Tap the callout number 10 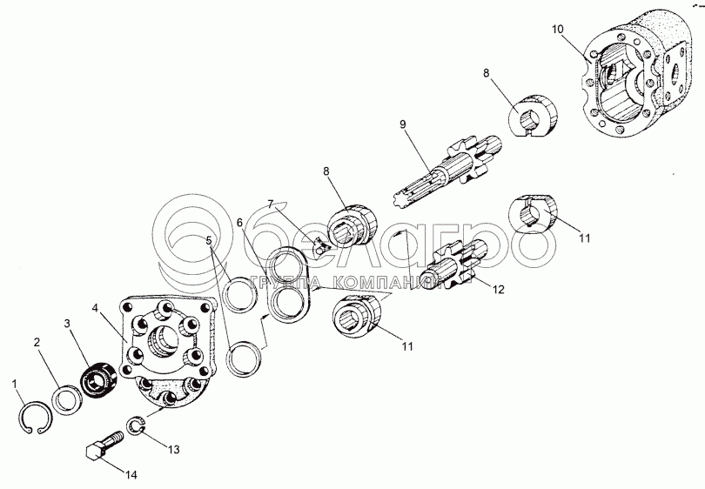coord(559,30)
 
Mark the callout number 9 coord(402,124)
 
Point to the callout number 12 coord(498,291)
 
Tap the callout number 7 coord(271,204)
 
